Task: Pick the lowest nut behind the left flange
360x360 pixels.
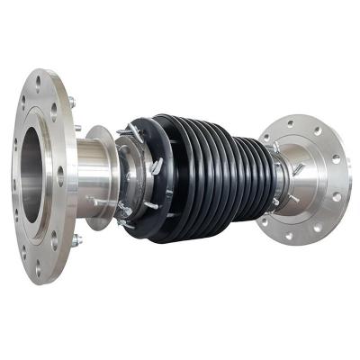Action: click(x=76, y=240)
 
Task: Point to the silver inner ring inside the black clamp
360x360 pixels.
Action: click(x=132, y=180)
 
